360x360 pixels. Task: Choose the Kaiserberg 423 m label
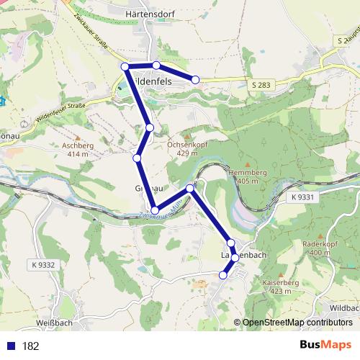pos(282,287)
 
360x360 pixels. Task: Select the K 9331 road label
pos(304,197)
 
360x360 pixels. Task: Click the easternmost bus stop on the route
pos(195,79)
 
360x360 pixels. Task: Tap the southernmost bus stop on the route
pos(223,274)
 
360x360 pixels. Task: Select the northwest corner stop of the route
pos(125,67)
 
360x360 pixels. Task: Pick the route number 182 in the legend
pos(31,346)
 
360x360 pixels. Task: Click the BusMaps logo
pos(325,345)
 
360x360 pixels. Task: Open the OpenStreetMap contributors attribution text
pos(297,323)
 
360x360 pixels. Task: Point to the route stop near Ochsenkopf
pos(150,127)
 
